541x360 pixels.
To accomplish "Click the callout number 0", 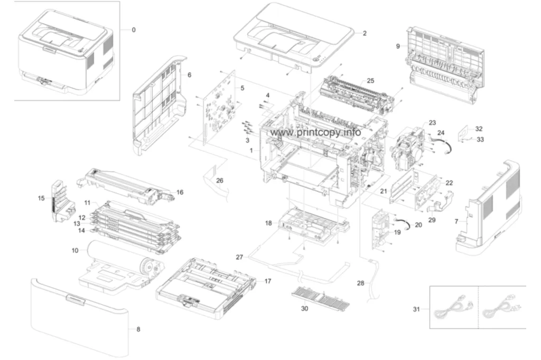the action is pos(134,30).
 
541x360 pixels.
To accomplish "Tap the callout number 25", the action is pos(370,81).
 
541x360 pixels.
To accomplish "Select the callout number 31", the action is pos(416,309).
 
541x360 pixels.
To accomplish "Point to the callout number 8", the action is pos(138,329).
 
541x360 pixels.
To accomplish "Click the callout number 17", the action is pos(268,281).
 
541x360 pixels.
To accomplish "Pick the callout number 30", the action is pos(304,308).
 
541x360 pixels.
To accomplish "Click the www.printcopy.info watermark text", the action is pos(316,132).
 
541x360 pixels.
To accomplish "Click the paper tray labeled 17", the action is pos(206,288).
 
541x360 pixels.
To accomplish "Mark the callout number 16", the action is pos(180,193).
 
